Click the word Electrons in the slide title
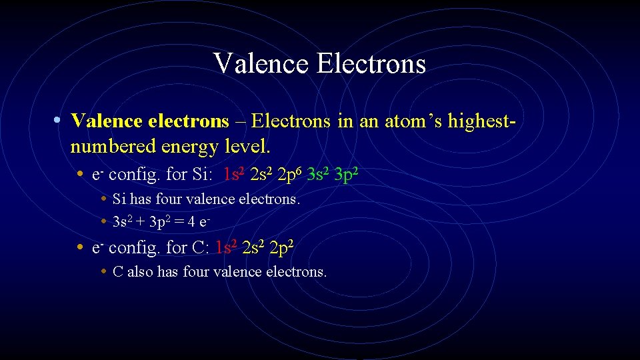371,64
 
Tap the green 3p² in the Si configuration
349,175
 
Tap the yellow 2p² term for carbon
283,248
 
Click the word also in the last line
140,272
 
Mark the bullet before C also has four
104,272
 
